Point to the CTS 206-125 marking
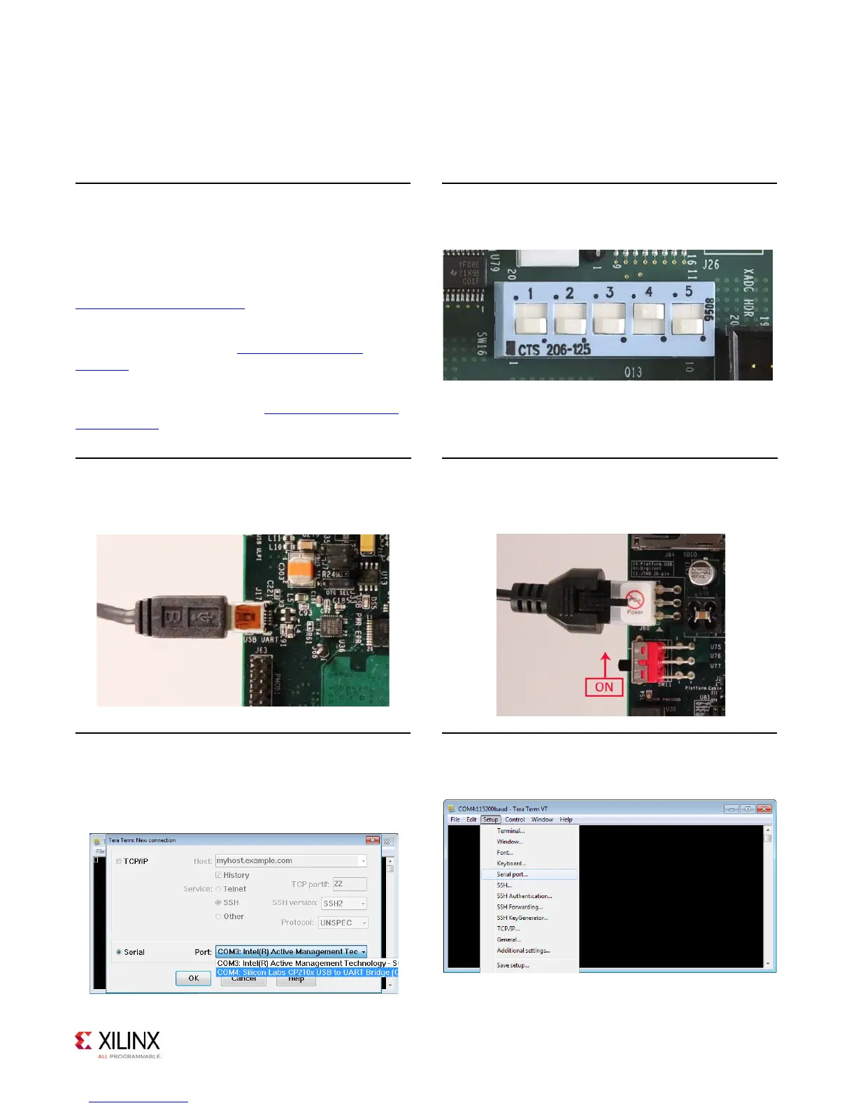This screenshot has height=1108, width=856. point(554,348)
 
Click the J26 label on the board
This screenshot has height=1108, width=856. point(711,264)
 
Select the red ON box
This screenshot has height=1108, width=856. point(604,687)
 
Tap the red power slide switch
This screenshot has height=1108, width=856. point(648,660)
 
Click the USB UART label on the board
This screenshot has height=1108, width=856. point(261,639)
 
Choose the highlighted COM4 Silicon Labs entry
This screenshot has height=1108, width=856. point(307,972)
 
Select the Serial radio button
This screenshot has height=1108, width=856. point(119,952)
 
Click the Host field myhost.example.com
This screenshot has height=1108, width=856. point(290,860)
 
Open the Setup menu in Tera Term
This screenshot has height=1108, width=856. point(490,819)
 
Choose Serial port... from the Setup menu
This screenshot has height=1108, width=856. point(513,874)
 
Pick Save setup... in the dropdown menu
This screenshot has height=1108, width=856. point(513,965)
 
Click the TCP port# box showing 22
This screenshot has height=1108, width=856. point(349,884)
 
